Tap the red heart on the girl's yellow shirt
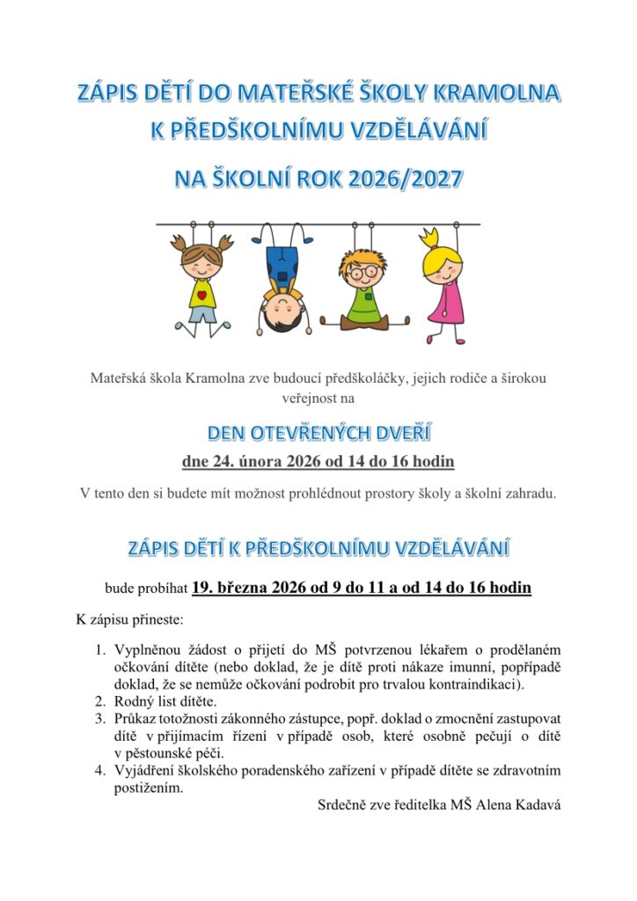(x=201, y=296)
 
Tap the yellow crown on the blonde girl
(x=429, y=238)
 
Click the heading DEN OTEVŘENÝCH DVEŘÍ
(x=318, y=434)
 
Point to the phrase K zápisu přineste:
(x=130, y=619)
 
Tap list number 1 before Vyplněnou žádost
(x=100, y=650)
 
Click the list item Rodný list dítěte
(x=165, y=701)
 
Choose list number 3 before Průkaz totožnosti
(x=100, y=718)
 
